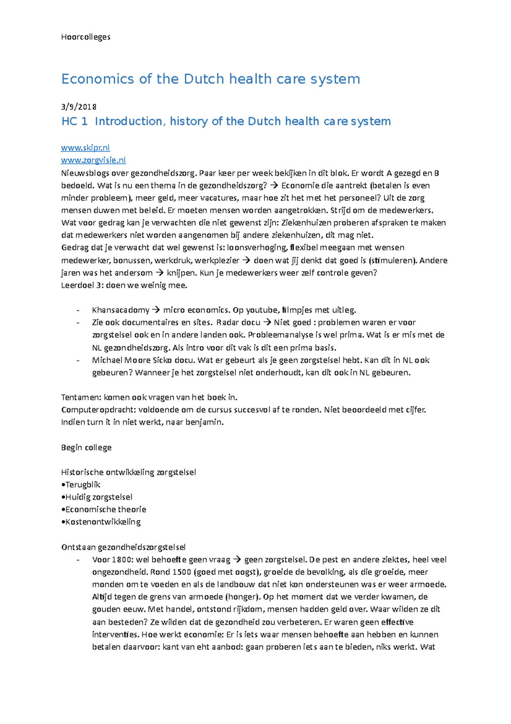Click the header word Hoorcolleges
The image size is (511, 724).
pyautogui.click(x=86, y=37)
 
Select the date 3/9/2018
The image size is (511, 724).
pyautogui.click(x=79, y=107)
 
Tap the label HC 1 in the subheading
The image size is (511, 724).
pyautogui.click(x=75, y=122)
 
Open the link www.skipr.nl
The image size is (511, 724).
pyautogui.click(x=85, y=148)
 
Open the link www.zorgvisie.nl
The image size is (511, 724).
pyautogui.click(x=93, y=160)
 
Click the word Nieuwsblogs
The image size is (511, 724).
pyautogui.click(x=85, y=173)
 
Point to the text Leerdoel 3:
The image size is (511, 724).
pyautogui.click(x=82, y=285)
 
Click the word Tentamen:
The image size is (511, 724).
pyautogui.click(x=81, y=397)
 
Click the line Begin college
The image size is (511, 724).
pyautogui.click(x=86, y=447)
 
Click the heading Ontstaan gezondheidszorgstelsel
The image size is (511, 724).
pyautogui.click(x=123, y=547)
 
